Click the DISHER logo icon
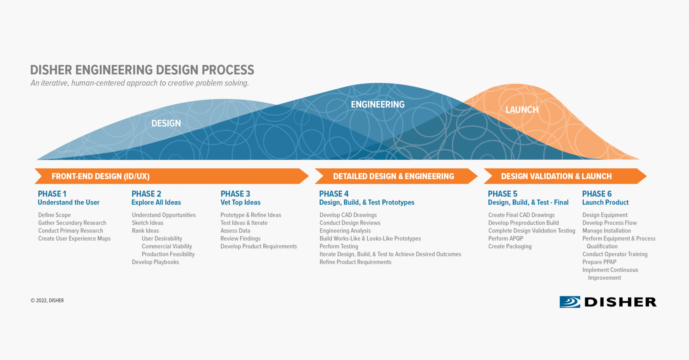pyautogui.click(x=570, y=302)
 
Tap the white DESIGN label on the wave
pyautogui.click(x=166, y=123)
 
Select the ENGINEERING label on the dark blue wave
pyautogui.click(x=378, y=104)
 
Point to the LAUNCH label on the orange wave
pyautogui.click(x=522, y=110)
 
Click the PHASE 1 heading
pyautogui.click(x=52, y=194)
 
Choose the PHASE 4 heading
pyautogui.click(x=334, y=194)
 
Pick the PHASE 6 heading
pyautogui.click(x=597, y=194)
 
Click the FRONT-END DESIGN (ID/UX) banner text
pyautogui.click(x=101, y=176)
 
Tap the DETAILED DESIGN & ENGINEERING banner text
pyautogui.click(x=393, y=176)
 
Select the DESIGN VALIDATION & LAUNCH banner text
pyautogui.click(x=556, y=176)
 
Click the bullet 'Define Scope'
pyautogui.click(x=54, y=215)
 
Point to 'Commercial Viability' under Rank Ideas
pyautogui.click(x=167, y=246)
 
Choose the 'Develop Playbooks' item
pyautogui.click(x=155, y=262)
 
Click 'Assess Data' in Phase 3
pyautogui.click(x=235, y=231)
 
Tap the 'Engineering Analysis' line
pyautogui.click(x=345, y=231)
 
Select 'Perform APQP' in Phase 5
pyautogui.click(x=506, y=238)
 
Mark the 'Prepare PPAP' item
pyautogui.click(x=599, y=262)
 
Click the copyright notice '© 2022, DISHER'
pyautogui.click(x=47, y=301)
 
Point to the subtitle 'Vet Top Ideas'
pyautogui.click(x=240, y=202)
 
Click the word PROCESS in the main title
pyautogui.click(x=228, y=70)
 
